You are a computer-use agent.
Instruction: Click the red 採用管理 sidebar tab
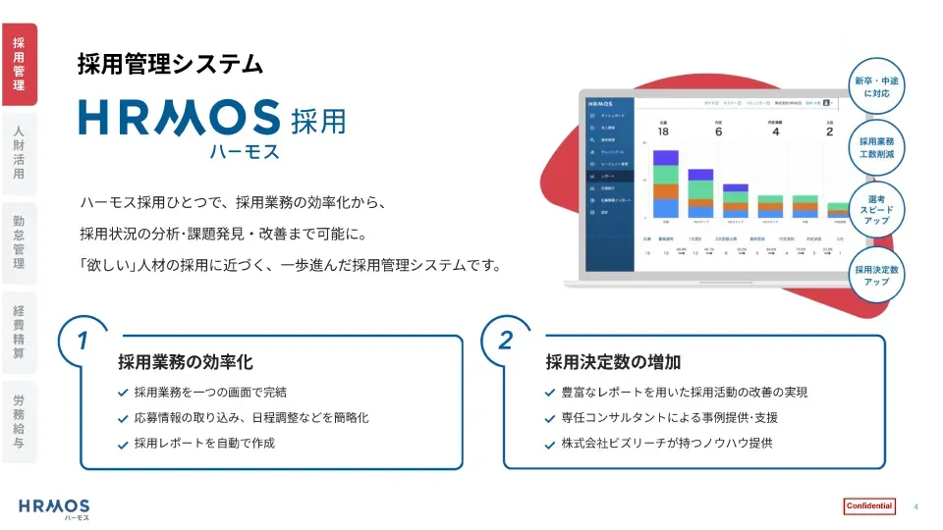pos(19,64)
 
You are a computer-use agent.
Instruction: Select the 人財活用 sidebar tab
pos(19,152)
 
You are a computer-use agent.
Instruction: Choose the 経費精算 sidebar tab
pos(19,332)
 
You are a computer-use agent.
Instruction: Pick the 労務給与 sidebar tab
pos(19,421)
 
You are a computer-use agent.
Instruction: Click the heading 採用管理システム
pos(170,65)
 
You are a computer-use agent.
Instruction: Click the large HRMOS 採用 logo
pos(212,124)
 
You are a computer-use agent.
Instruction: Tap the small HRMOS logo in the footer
pos(54,507)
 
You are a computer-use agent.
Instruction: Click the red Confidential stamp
pos(869,506)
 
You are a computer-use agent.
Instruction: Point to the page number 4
pos(916,506)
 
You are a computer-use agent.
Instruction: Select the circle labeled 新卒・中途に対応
pos(876,86)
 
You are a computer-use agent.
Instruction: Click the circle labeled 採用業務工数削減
pos(876,148)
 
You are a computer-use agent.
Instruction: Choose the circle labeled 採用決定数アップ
pos(876,275)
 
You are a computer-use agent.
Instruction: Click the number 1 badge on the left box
pos(83,341)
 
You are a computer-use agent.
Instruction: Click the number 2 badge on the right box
pos(506,341)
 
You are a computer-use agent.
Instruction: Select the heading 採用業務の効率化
pos(186,362)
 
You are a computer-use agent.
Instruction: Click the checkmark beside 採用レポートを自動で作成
pos(122,444)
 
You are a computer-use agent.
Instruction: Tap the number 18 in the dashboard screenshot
pos(663,132)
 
